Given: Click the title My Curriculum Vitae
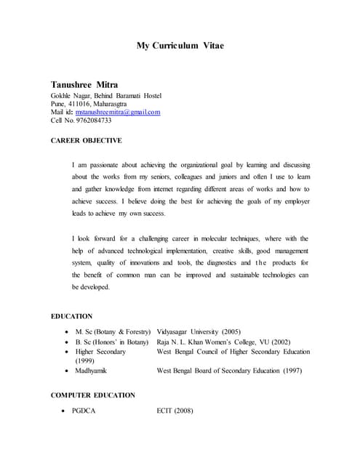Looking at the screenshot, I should point(180,46).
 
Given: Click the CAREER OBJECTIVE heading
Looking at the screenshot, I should point(86,140).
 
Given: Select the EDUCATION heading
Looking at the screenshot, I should point(71,316).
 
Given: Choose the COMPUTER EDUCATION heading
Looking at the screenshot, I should point(92,395).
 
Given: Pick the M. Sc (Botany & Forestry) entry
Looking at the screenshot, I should point(108,331).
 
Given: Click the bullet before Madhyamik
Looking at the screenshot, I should point(67,371).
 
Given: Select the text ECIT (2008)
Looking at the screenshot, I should point(175,411).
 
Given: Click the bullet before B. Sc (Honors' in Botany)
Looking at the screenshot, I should point(67,341).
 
